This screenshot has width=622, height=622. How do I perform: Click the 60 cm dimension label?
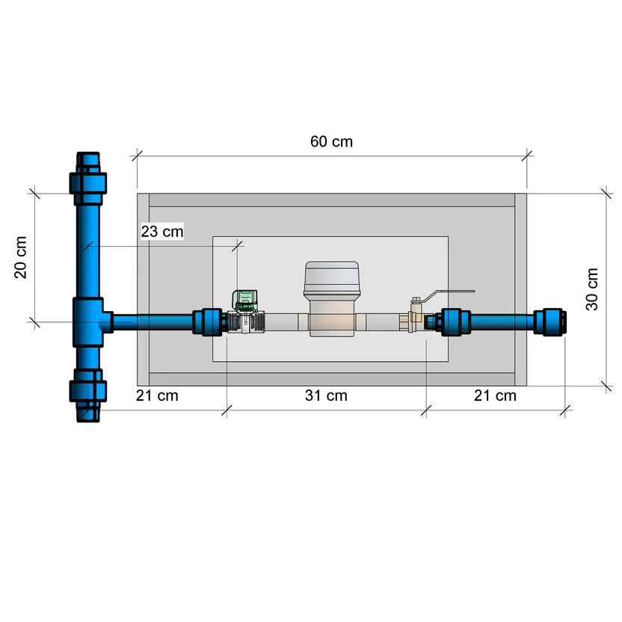331,141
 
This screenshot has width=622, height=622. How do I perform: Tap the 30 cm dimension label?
592,289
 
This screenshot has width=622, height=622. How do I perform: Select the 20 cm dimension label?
21,257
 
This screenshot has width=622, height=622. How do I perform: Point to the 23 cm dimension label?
162,232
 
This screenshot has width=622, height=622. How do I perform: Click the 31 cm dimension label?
326,395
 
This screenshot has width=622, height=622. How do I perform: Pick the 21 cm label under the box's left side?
157,395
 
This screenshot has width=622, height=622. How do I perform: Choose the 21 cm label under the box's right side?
495,395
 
